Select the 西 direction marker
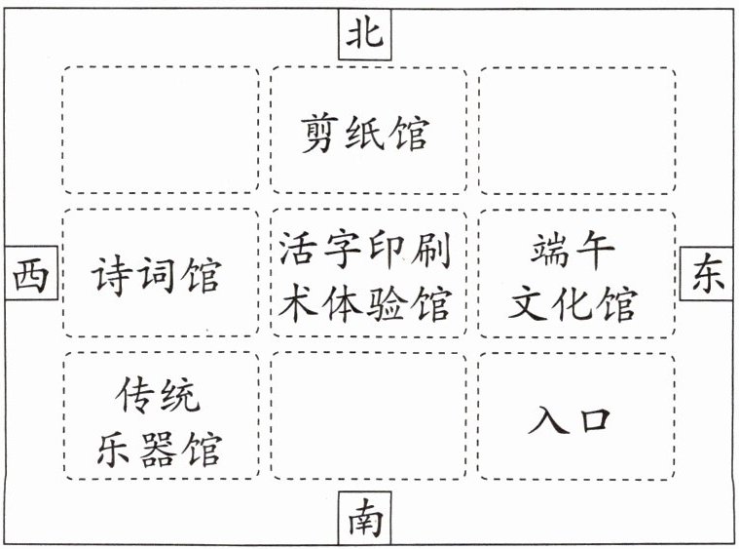[29, 275]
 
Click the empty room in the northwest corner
[161, 130]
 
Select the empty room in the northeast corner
[576, 130]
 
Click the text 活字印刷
[365, 252]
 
